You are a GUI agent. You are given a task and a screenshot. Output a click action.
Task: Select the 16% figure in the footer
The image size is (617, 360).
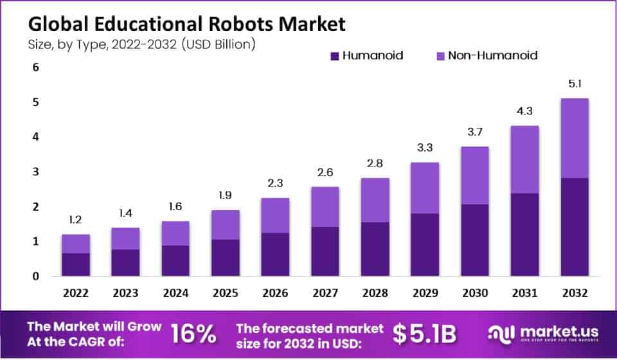(x=193, y=334)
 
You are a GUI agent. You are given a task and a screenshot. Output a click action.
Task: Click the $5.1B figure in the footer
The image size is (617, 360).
(x=424, y=334)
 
